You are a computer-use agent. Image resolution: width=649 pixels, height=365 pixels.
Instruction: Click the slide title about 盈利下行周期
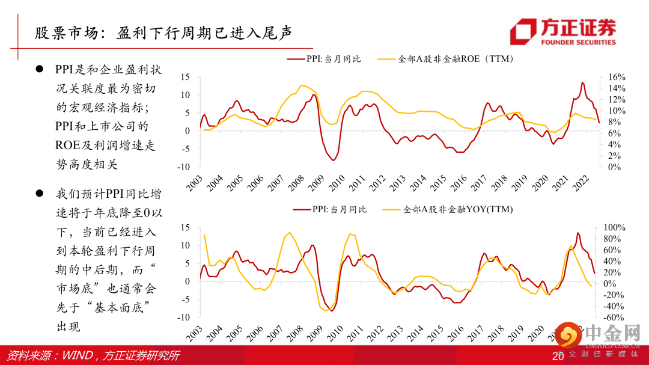pyautogui.click(x=162, y=32)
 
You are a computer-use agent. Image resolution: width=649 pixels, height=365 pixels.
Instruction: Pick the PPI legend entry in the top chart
pyautogui.click(x=324, y=59)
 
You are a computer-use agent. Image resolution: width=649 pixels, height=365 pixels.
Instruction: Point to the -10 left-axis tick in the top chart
pyautogui.click(x=186, y=167)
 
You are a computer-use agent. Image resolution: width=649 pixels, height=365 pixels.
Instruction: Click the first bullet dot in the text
pyautogui.click(x=39, y=70)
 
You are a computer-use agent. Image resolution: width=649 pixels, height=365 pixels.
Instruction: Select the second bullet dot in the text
pyautogui.click(x=39, y=194)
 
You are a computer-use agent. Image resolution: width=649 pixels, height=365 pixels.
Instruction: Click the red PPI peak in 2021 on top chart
pyautogui.click(x=582, y=82)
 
